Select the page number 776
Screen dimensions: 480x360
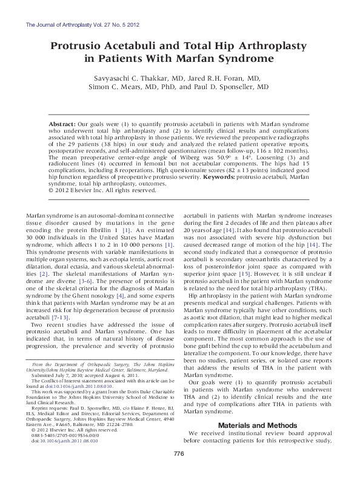point(179,472)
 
